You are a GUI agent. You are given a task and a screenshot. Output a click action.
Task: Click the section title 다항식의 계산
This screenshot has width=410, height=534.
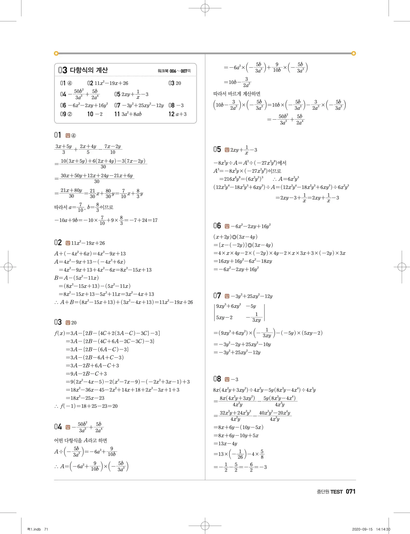coord(89,70)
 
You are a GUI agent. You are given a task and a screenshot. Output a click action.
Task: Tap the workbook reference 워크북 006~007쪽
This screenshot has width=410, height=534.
coord(174,71)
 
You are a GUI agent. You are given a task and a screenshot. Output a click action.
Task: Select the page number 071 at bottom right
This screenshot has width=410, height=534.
coord(351,491)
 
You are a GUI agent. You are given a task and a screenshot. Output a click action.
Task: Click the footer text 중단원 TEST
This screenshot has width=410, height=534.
coord(330,492)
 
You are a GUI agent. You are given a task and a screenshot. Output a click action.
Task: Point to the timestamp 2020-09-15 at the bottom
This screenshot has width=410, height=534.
coord(362,529)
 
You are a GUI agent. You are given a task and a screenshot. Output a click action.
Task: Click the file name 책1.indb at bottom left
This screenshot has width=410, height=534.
coord(34,529)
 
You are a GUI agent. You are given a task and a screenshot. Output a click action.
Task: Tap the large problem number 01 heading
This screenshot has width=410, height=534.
coord(57,135)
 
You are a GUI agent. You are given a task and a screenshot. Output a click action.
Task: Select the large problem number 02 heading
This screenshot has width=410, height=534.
coord(58,243)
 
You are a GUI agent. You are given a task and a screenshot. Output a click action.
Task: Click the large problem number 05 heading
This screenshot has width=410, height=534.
coord(217,149)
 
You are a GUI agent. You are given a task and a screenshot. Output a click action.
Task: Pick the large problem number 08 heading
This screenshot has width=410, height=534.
coord(217,379)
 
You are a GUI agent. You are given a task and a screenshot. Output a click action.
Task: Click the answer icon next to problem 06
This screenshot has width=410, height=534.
coord(227,226)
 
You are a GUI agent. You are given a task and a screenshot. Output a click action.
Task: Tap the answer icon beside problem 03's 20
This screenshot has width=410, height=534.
coord(68,323)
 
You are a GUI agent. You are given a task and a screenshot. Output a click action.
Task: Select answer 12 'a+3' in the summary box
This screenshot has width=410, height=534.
coord(178,114)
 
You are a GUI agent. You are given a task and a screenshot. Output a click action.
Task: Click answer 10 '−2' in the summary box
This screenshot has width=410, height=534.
coord(95,114)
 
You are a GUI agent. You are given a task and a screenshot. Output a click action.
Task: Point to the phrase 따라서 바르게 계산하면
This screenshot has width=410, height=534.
coord(237,94)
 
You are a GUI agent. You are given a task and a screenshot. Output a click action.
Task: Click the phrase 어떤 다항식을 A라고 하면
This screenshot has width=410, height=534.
coord(81,440)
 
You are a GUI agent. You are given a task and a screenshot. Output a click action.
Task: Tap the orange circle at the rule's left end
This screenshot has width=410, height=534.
coord(56,53)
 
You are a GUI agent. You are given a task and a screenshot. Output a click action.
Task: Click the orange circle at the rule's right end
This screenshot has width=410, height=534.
coord(354,53)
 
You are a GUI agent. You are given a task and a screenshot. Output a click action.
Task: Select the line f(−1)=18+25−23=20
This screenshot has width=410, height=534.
coord(86,406)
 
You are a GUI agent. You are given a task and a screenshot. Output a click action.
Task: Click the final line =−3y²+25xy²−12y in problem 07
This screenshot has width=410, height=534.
coord(237,352)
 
